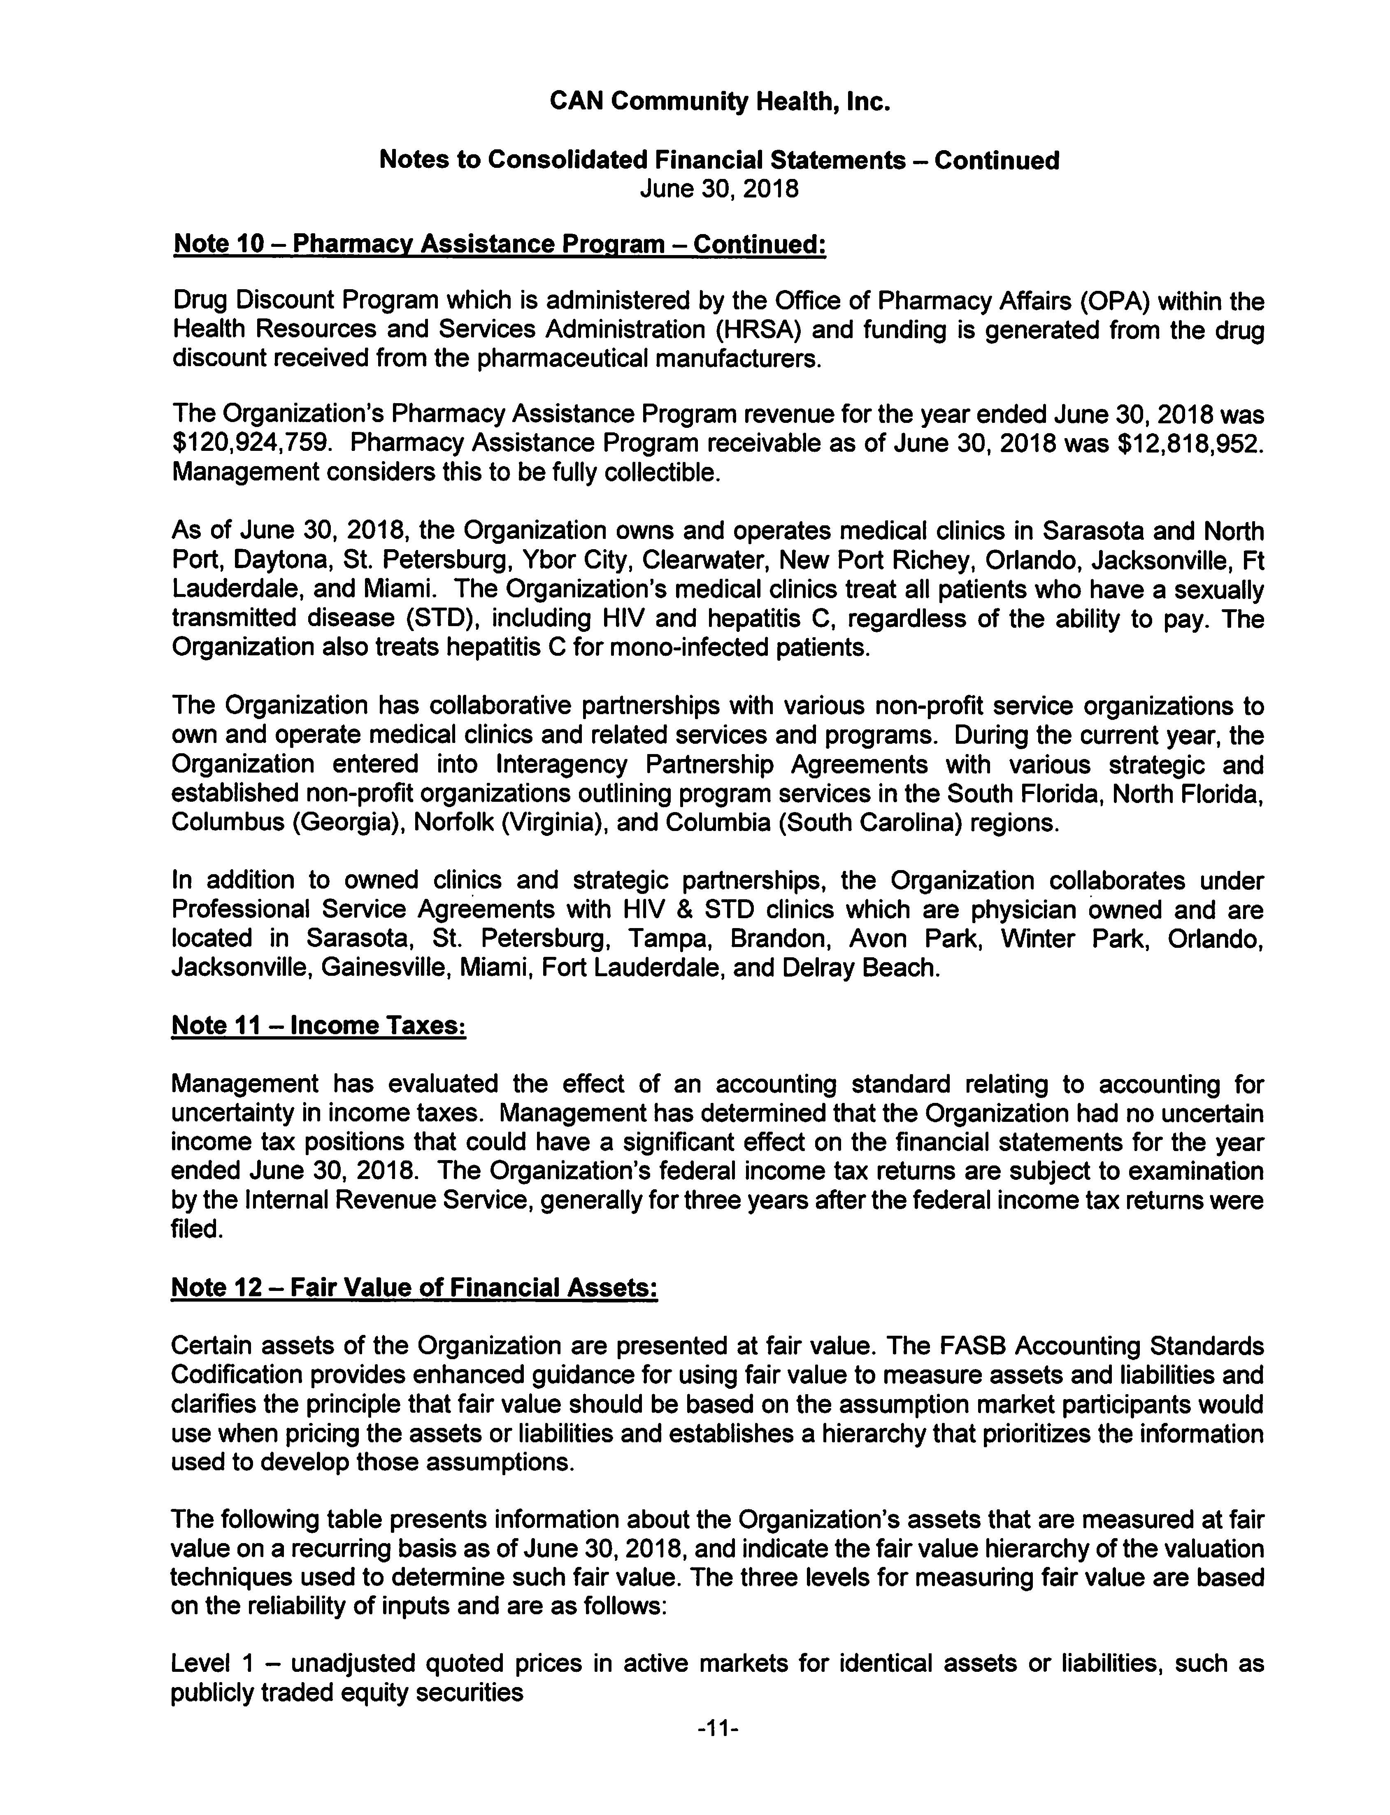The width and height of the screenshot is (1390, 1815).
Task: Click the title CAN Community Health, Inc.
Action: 719,102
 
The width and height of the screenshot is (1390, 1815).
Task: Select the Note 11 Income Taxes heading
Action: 318,1026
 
